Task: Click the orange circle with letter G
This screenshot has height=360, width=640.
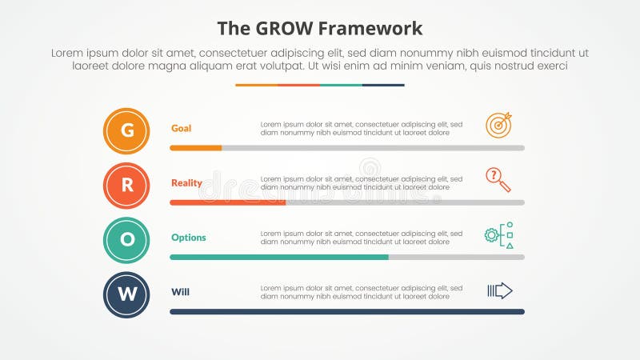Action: coord(126,130)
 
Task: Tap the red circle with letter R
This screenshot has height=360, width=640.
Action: coord(126,186)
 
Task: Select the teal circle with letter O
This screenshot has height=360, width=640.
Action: coord(126,240)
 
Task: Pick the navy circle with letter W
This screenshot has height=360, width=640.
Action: coord(126,294)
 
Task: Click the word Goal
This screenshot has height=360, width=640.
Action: coord(181,128)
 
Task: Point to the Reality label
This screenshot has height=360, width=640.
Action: coord(186,183)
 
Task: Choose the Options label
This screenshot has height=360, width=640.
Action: coord(188,238)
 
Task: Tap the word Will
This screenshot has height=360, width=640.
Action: coord(180,292)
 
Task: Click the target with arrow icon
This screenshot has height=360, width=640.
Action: coord(498,126)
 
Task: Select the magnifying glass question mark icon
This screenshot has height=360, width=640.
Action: coord(498,180)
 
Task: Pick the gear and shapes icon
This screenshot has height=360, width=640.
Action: coord(498,235)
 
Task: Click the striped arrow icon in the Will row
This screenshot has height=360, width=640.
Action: coord(499,290)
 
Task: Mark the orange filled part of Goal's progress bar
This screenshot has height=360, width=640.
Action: coord(195,148)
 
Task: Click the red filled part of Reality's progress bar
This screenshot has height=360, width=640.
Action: coord(227,202)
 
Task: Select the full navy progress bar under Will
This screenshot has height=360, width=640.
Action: coord(347,311)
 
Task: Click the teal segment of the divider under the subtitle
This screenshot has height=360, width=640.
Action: coord(341,85)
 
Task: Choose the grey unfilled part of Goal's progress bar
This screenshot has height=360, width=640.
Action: coord(373,148)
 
